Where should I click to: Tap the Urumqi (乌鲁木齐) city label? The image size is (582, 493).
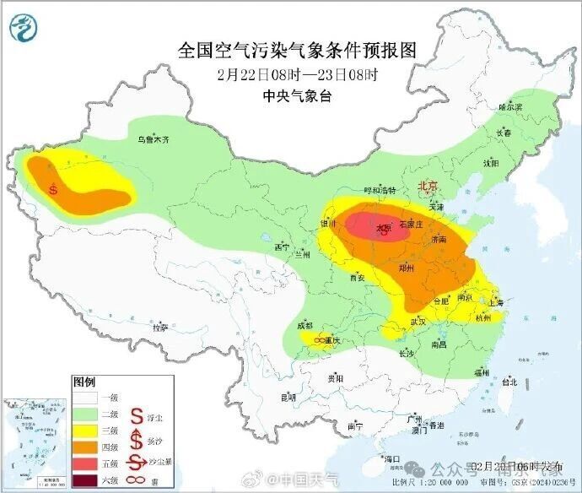tap(154, 140)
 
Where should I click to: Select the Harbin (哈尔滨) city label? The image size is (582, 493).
tap(510, 107)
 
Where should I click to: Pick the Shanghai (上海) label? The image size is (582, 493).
tap(494, 302)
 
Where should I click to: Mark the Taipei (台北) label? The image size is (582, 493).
tap(509, 382)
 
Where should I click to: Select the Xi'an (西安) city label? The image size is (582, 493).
tap(357, 277)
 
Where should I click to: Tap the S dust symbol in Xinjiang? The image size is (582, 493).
tap(54, 189)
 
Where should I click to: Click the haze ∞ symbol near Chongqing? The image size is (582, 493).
tap(321, 339)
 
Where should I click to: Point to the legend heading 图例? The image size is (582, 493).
tap(85, 381)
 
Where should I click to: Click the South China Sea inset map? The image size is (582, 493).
tap(35, 443)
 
